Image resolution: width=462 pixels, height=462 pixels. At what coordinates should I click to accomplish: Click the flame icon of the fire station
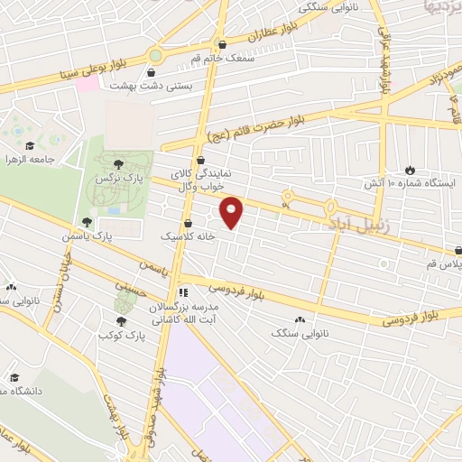click(x=410, y=169)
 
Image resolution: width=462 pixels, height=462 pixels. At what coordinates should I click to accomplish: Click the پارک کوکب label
click(x=121, y=333)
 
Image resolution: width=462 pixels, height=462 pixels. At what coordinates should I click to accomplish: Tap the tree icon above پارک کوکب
click(x=121, y=320)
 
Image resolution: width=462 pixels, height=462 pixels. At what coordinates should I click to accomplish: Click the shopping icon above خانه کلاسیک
click(x=189, y=223)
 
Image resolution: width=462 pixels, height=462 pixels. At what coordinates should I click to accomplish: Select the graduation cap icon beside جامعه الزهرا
click(x=30, y=145)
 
